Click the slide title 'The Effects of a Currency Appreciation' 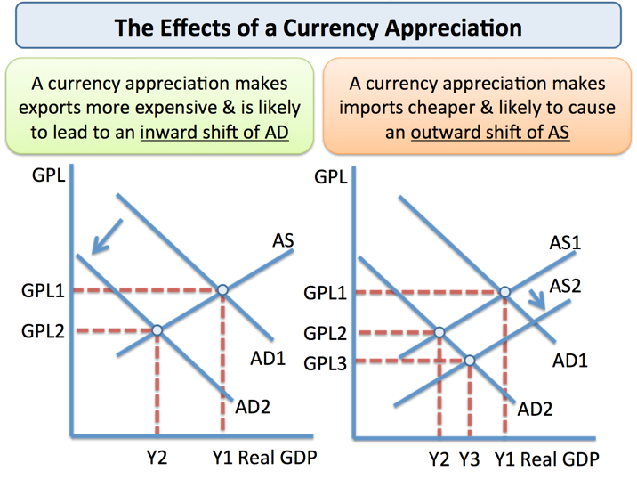[x=318, y=26]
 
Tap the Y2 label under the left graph [x=157, y=459]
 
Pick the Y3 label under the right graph [x=470, y=460]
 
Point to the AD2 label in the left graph [x=253, y=407]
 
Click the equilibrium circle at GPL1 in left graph [x=222, y=289]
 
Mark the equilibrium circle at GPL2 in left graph [x=157, y=330]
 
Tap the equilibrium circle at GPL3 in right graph [x=470, y=361]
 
